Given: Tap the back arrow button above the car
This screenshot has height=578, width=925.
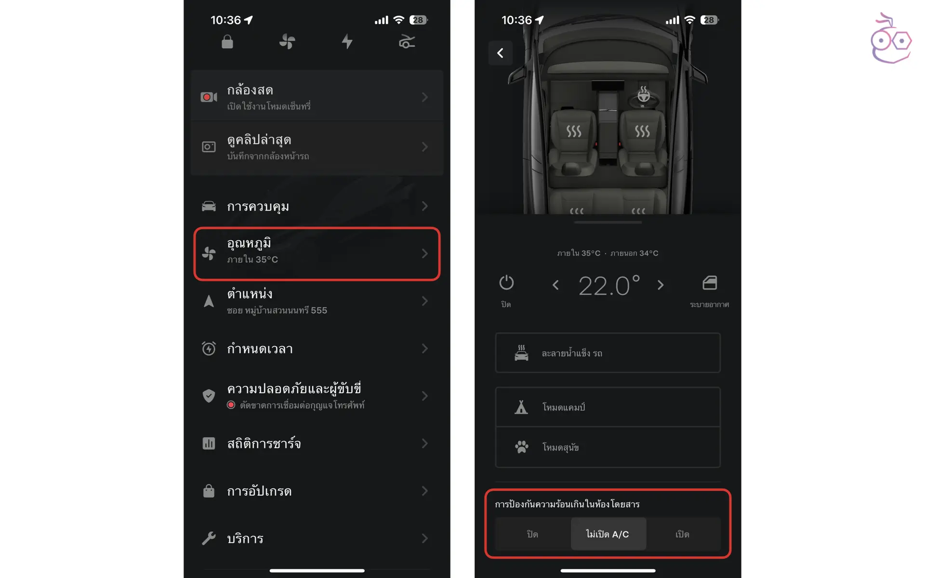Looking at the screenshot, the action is tap(500, 53).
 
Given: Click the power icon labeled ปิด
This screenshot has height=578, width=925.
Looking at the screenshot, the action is tap(506, 282).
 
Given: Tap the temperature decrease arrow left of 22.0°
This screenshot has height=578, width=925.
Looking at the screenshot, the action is tap(555, 285).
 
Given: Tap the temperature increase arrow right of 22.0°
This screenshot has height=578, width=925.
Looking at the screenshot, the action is tap(661, 285).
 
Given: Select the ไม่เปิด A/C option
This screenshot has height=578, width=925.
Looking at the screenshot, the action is tap(608, 534).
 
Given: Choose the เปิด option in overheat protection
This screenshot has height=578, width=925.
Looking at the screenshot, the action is tap(682, 534).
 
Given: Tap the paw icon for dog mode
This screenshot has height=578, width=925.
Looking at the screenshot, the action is tap(521, 447).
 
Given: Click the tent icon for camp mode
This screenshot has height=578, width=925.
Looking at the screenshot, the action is tap(521, 407).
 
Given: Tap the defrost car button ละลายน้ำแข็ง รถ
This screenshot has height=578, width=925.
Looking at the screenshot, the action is tap(608, 353).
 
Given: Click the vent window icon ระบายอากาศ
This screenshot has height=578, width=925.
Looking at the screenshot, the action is tap(710, 282).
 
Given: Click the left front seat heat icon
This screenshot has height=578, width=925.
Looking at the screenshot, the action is tap(574, 131).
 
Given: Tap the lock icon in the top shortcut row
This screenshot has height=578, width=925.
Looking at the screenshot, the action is tap(227, 42).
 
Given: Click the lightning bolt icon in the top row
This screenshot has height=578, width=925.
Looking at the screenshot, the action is tap(347, 41).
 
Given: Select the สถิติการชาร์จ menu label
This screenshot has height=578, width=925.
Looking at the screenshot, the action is tap(264, 443).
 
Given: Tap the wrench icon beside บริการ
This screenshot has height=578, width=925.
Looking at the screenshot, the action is tap(209, 538).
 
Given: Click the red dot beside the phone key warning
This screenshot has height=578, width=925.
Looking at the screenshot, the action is tap(231, 405).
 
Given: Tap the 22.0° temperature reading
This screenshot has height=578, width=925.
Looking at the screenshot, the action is tap(609, 285).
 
